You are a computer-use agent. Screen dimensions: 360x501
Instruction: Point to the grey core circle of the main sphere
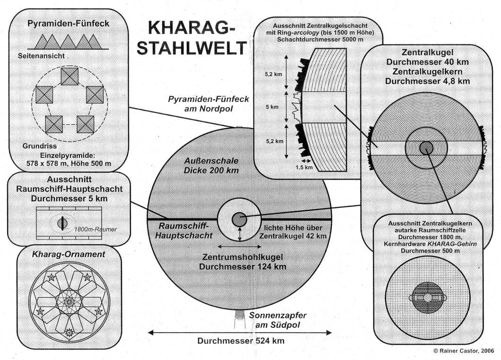coord(239,219)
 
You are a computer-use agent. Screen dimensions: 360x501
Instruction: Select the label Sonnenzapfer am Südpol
coord(275,320)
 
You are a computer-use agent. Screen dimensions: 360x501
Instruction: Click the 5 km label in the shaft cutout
coord(272,107)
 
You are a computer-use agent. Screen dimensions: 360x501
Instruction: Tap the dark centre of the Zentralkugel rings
coord(426,146)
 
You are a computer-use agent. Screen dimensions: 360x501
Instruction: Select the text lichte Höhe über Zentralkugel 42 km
coord(294,231)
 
